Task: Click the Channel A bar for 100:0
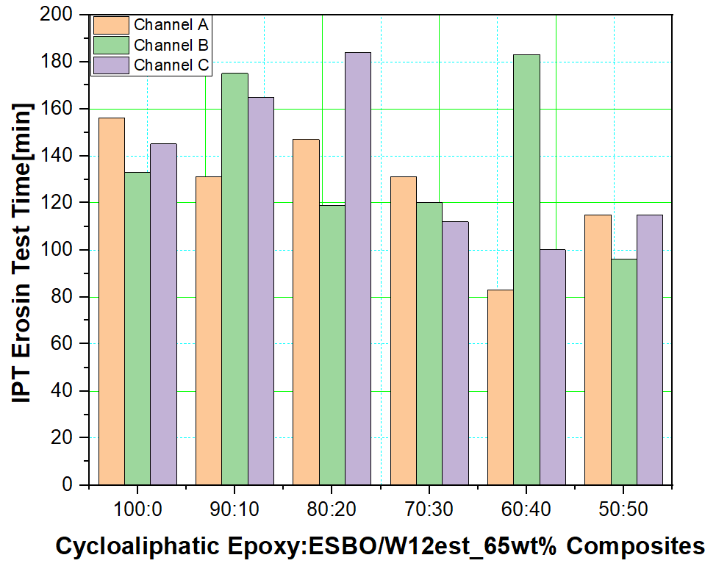tap(112, 301)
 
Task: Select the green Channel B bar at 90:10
tap(235, 279)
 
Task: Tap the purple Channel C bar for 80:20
tap(357, 268)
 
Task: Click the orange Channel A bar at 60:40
tap(500, 387)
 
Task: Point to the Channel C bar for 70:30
tap(455, 353)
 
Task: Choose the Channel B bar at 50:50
tap(623, 372)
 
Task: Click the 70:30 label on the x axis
tap(429, 509)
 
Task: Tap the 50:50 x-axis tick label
tap(623, 509)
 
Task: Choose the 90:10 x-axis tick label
tap(235, 509)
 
